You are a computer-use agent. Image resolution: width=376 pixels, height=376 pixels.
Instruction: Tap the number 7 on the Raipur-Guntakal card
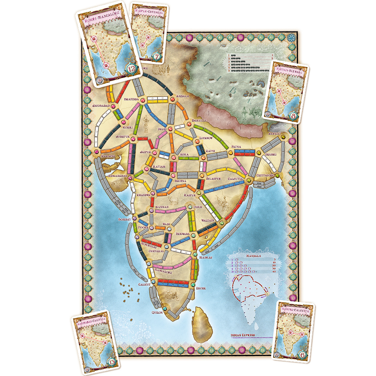[x=157, y=56]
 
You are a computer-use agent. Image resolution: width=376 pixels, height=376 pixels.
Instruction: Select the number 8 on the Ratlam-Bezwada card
[x=294, y=117]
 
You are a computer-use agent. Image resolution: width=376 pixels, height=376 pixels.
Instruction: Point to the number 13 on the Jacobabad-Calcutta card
[x=112, y=362]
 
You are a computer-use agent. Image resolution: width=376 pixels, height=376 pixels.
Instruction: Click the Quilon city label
[x=157, y=312]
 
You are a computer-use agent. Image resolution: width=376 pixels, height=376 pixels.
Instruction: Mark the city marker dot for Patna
[x=231, y=152]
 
